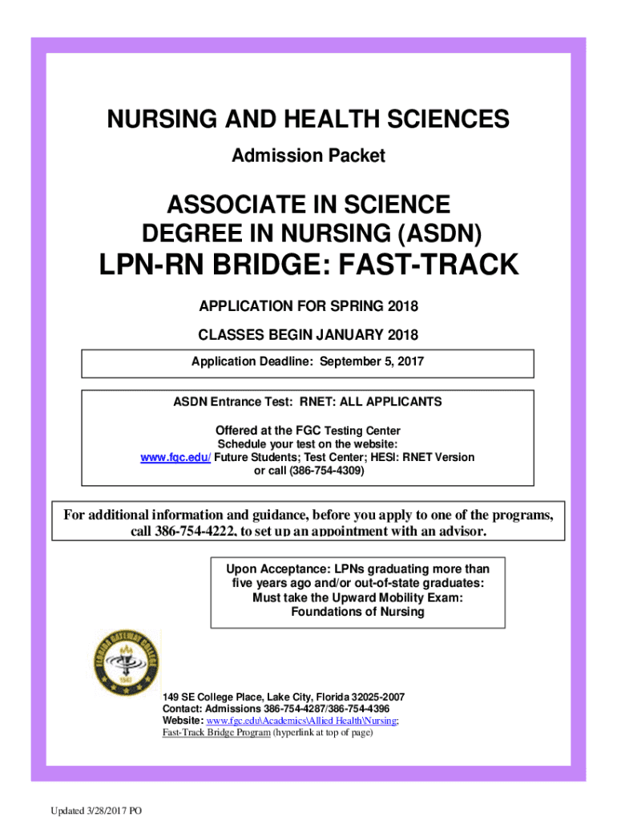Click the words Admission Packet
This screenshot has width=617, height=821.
(x=308, y=156)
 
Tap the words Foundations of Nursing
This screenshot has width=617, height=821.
(x=357, y=613)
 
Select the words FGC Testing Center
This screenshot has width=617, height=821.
(x=360, y=431)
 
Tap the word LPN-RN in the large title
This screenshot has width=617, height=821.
(x=153, y=265)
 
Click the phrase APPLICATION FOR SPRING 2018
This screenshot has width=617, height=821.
(x=308, y=306)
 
